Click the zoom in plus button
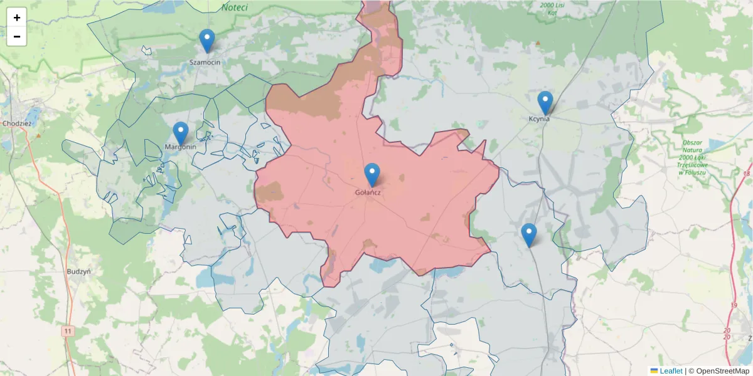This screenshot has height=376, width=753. point(17,18)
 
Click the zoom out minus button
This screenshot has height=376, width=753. point(17,36)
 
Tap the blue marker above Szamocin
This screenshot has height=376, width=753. point(207,41)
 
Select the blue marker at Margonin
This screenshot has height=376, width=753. point(181,133)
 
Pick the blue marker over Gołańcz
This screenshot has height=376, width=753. point(372,175)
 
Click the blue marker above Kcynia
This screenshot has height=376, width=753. point(545,103)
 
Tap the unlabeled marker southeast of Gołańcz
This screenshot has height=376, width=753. point(529,235)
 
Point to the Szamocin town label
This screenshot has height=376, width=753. point(205,63)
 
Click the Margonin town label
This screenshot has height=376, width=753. point(181,147)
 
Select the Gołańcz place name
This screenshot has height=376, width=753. point(368,192)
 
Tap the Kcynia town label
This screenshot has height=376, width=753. point(539,118)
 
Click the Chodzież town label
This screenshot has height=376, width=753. point(16,123)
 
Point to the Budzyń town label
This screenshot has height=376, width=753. point(79,272)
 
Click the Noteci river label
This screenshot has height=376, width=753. point(235,8)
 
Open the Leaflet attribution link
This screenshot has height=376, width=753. point(671,371)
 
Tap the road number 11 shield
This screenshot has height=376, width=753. point(68,330)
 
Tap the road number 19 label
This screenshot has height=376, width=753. point(734,305)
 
